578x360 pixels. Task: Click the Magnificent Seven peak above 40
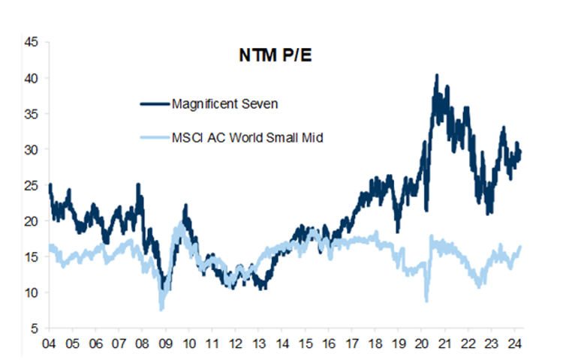pyautogui.click(x=437, y=75)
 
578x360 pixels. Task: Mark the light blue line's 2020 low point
pyautogui.click(x=426, y=301)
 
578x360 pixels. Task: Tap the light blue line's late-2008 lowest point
pyautogui.click(x=161, y=309)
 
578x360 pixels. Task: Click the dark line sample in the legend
pyautogui.click(x=153, y=103)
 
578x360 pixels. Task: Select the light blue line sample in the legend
pyautogui.click(x=153, y=138)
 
